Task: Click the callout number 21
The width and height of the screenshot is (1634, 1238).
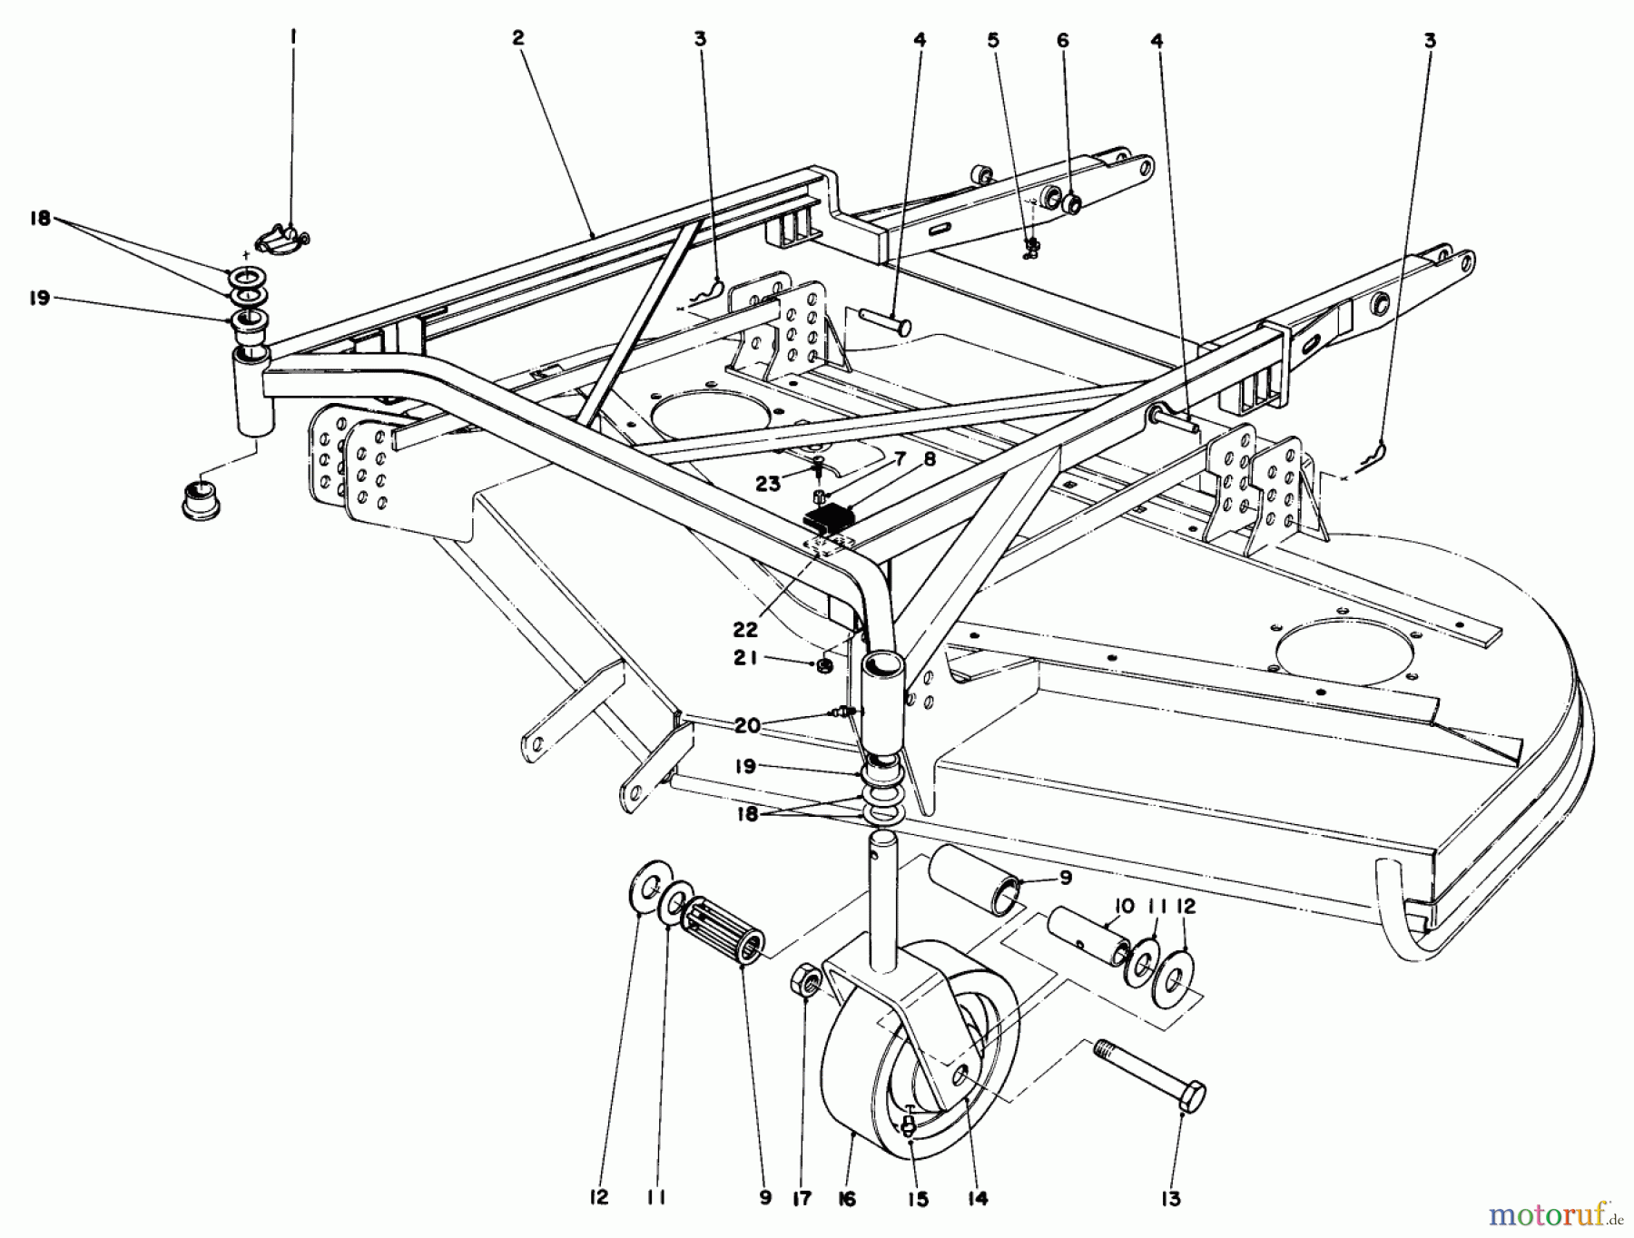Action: tap(746, 660)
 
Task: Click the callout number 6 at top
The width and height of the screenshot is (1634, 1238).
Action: tap(1063, 40)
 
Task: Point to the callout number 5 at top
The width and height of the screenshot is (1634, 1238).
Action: tap(993, 40)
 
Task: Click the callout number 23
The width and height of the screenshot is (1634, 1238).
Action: tap(770, 485)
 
